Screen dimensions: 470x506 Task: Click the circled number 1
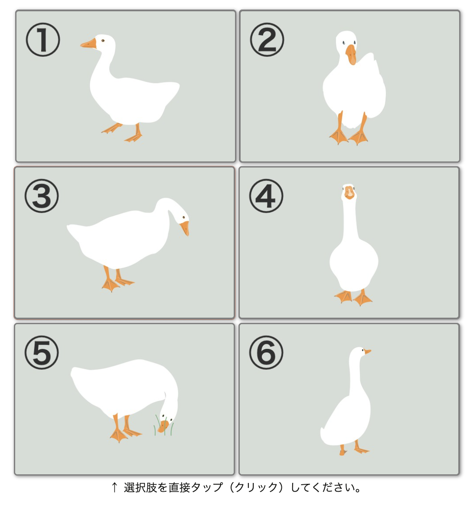42,39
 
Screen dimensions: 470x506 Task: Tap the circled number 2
267,39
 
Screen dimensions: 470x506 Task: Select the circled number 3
42,196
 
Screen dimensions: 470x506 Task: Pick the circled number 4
266,196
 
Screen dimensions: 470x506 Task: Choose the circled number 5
42,352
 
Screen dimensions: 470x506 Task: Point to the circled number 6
266,352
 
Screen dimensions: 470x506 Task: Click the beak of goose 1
88,44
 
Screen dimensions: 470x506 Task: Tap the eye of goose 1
103,41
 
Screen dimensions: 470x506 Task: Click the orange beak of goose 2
351,55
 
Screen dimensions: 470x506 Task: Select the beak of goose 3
185,228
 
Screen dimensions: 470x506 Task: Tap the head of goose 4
349,192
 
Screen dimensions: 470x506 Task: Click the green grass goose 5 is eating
164,425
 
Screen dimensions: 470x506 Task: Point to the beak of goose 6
367,352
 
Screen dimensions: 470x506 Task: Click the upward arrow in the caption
114,487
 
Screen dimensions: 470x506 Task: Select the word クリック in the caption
256,487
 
